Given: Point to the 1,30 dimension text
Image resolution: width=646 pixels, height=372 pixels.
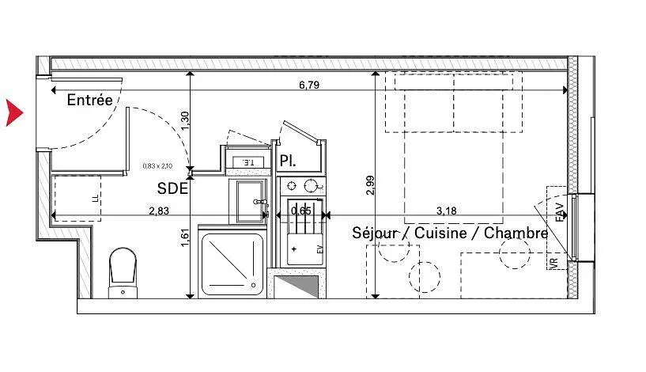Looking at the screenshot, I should tap(185, 121).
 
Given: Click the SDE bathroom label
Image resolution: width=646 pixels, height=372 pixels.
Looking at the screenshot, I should tap(172, 188).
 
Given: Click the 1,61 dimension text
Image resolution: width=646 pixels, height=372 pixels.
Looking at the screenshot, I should tap(185, 237).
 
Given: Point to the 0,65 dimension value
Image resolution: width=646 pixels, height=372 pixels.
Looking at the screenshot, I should tap(300, 211).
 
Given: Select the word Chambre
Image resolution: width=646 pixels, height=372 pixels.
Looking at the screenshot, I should tap(516, 233).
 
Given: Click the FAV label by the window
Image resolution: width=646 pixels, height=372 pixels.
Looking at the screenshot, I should tap(560, 212).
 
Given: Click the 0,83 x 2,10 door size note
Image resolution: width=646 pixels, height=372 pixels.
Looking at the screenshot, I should tap(157, 166).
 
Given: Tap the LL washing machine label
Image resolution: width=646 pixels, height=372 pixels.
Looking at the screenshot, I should tap(95, 197).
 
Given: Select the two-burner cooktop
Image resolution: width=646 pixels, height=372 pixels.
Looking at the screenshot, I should tap(303, 187).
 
